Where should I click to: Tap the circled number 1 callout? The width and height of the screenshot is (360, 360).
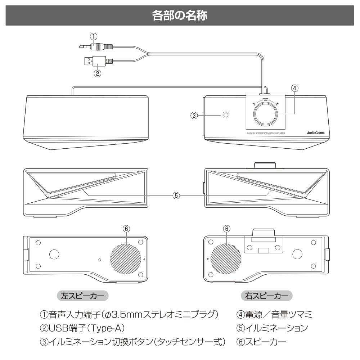[94, 36]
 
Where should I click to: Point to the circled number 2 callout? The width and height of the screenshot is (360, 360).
[97, 73]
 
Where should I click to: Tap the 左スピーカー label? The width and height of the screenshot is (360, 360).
[83, 296]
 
